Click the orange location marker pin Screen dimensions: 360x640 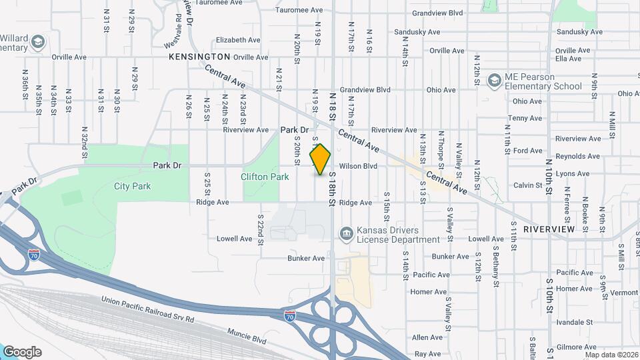(321, 159)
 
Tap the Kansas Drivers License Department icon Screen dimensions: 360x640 (346, 233)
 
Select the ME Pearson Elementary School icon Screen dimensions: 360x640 (494, 81)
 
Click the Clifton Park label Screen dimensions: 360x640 (265, 177)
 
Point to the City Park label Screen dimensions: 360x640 (132, 186)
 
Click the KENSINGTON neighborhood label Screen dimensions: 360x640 (199, 57)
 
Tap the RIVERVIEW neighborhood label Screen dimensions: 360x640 (549, 229)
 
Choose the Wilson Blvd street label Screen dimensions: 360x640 (358, 166)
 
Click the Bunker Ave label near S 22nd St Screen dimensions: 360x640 (306, 258)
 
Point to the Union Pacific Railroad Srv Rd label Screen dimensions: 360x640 (147, 311)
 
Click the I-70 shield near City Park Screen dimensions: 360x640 (35, 255)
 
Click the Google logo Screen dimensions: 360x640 (21, 352)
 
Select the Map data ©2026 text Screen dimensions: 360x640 (610, 355)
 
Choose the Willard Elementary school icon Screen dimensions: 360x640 (38, 43)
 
